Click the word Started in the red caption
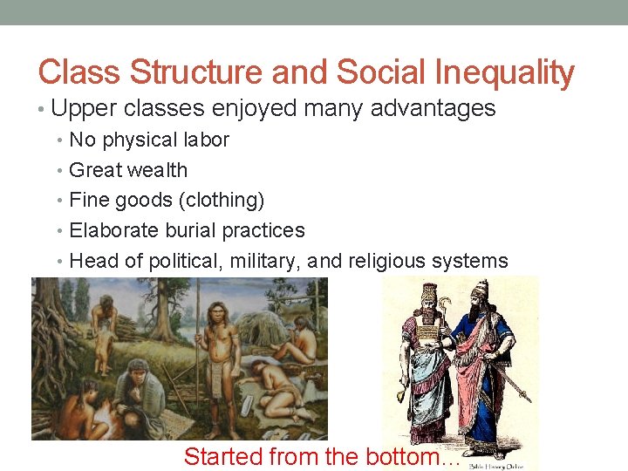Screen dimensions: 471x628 223,455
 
